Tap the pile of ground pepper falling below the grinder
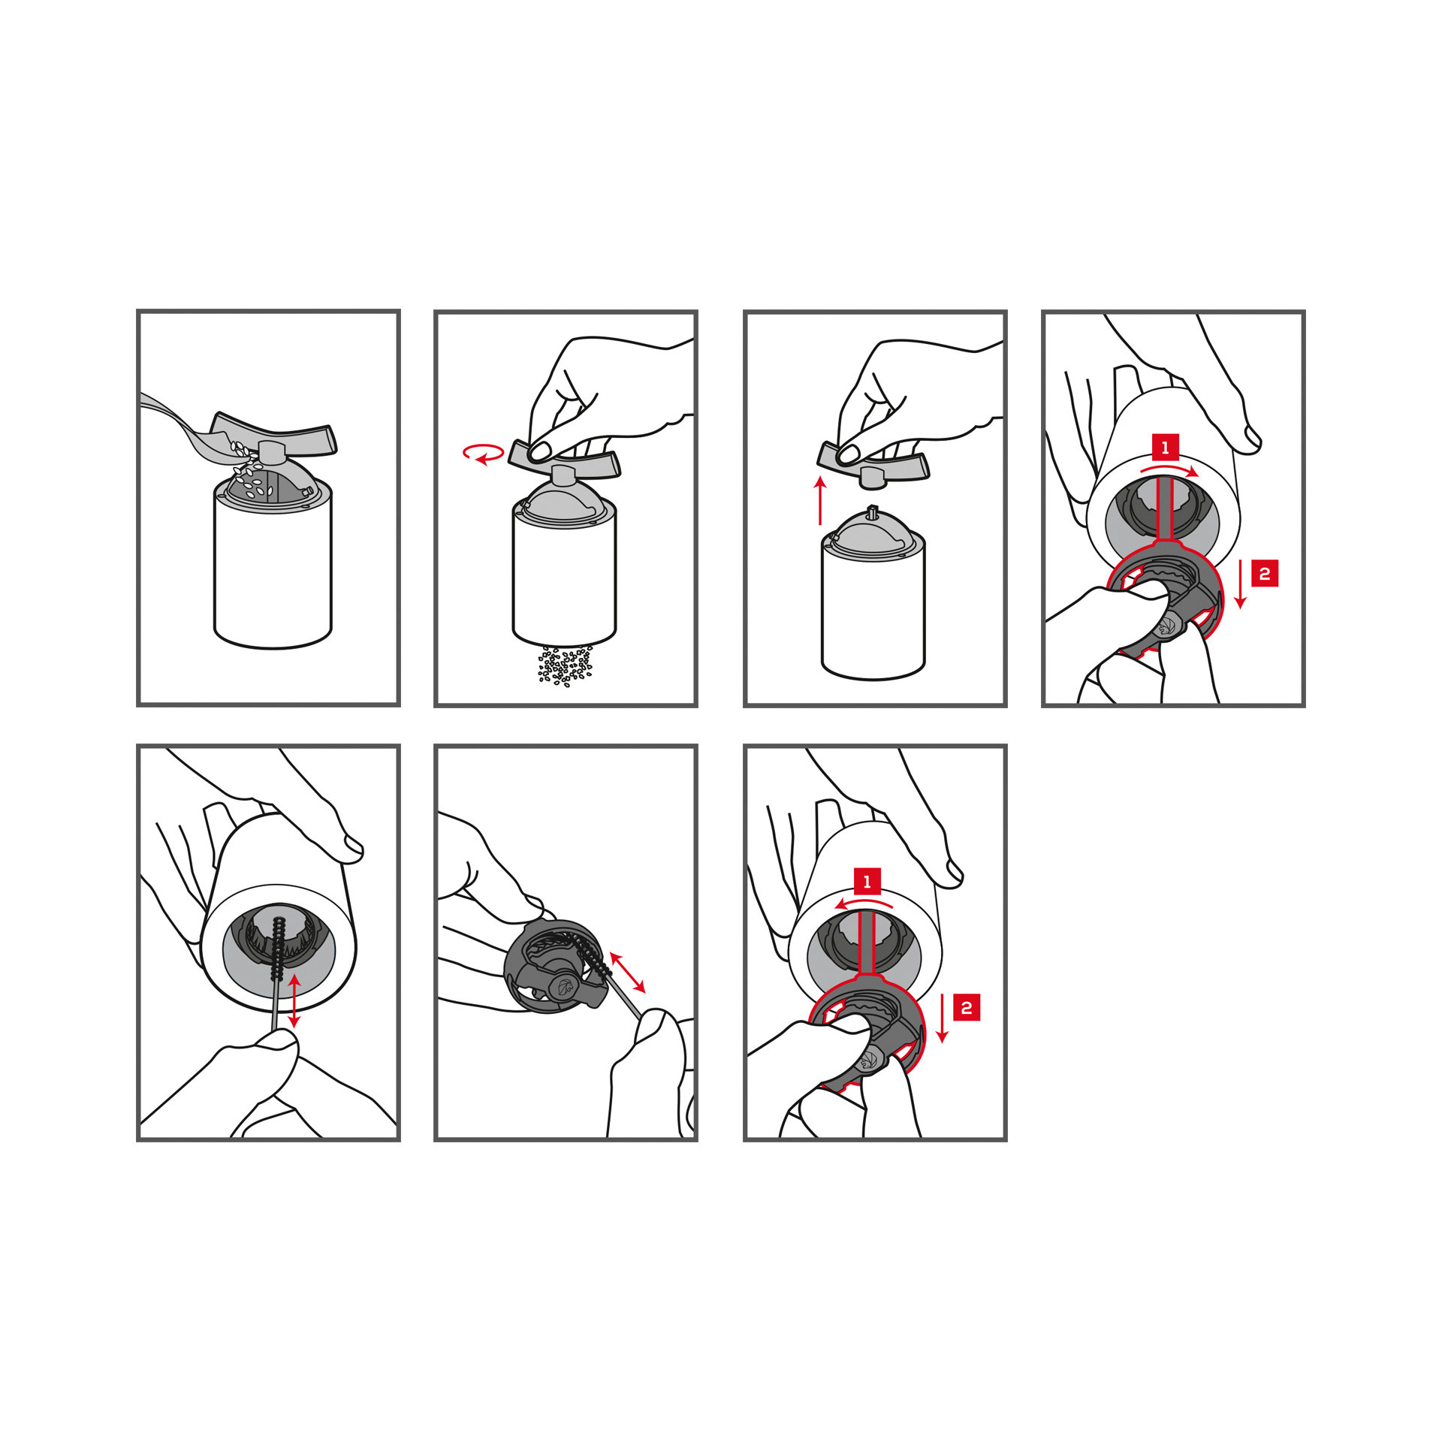[566, 665]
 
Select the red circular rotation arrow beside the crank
[483, 454]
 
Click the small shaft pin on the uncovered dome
[873, 511]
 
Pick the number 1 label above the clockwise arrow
[1165, 448]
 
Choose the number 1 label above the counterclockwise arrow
[867, 881]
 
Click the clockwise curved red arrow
[1169, 468]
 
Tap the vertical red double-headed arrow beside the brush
[294, 1000]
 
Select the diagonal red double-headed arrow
[627, 972]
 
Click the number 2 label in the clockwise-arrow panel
[1265, 574]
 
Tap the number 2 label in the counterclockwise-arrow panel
[967, 1007]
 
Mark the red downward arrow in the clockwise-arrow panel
[1241, 583]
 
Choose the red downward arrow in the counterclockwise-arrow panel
[943, 1017]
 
